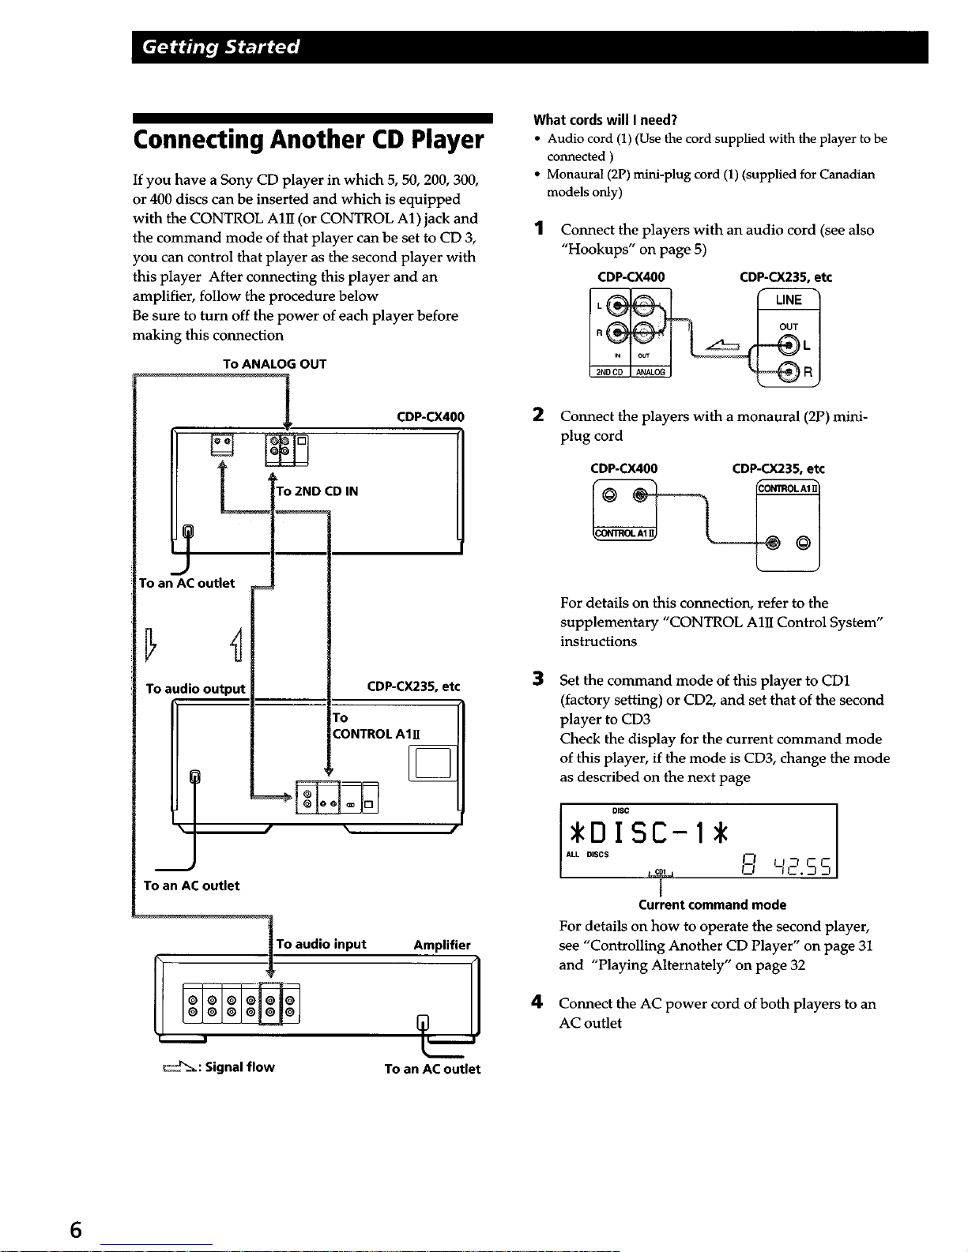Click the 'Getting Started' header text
tap(221, 47)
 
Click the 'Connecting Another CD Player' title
tap(308, 140)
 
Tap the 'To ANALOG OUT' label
tap(274, 364)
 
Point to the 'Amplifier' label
tap(442, 945)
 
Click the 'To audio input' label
tap(321, 944)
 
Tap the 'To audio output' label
tap(195, 689)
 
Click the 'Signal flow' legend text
tap(239, 1067)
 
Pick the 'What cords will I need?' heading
tap(605, 120)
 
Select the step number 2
tap(538, 415)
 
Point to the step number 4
tap(538, 1003)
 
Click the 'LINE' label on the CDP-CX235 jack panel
tap(788, 300)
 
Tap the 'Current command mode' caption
tap(712, 905)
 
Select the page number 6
tap(76, 1230)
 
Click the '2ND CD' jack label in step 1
tap(609, 372)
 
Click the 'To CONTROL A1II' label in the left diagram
tap(375, 726)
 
